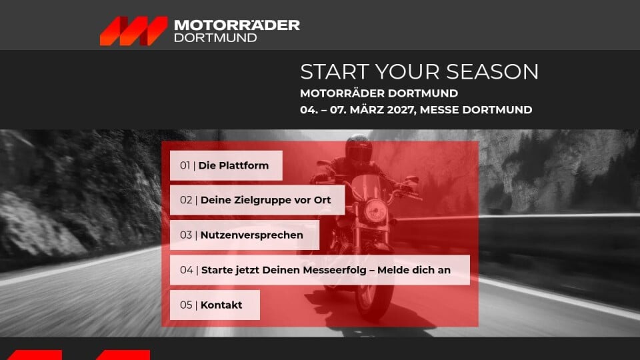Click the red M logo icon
tap(134, 31)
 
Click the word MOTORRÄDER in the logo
tap(237, 25)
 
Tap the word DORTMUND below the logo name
tap(215, 38)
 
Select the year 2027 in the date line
tap(401, 110)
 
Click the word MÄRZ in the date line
tap(367, 109)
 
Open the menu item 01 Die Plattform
tap(226, 165)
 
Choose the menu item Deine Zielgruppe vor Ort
tap(257, 200)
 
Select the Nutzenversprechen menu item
tap(245, 235)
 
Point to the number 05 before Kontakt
tap(186, 305)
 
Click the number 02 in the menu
tap(186, 200)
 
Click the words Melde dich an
tap(414, 270)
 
